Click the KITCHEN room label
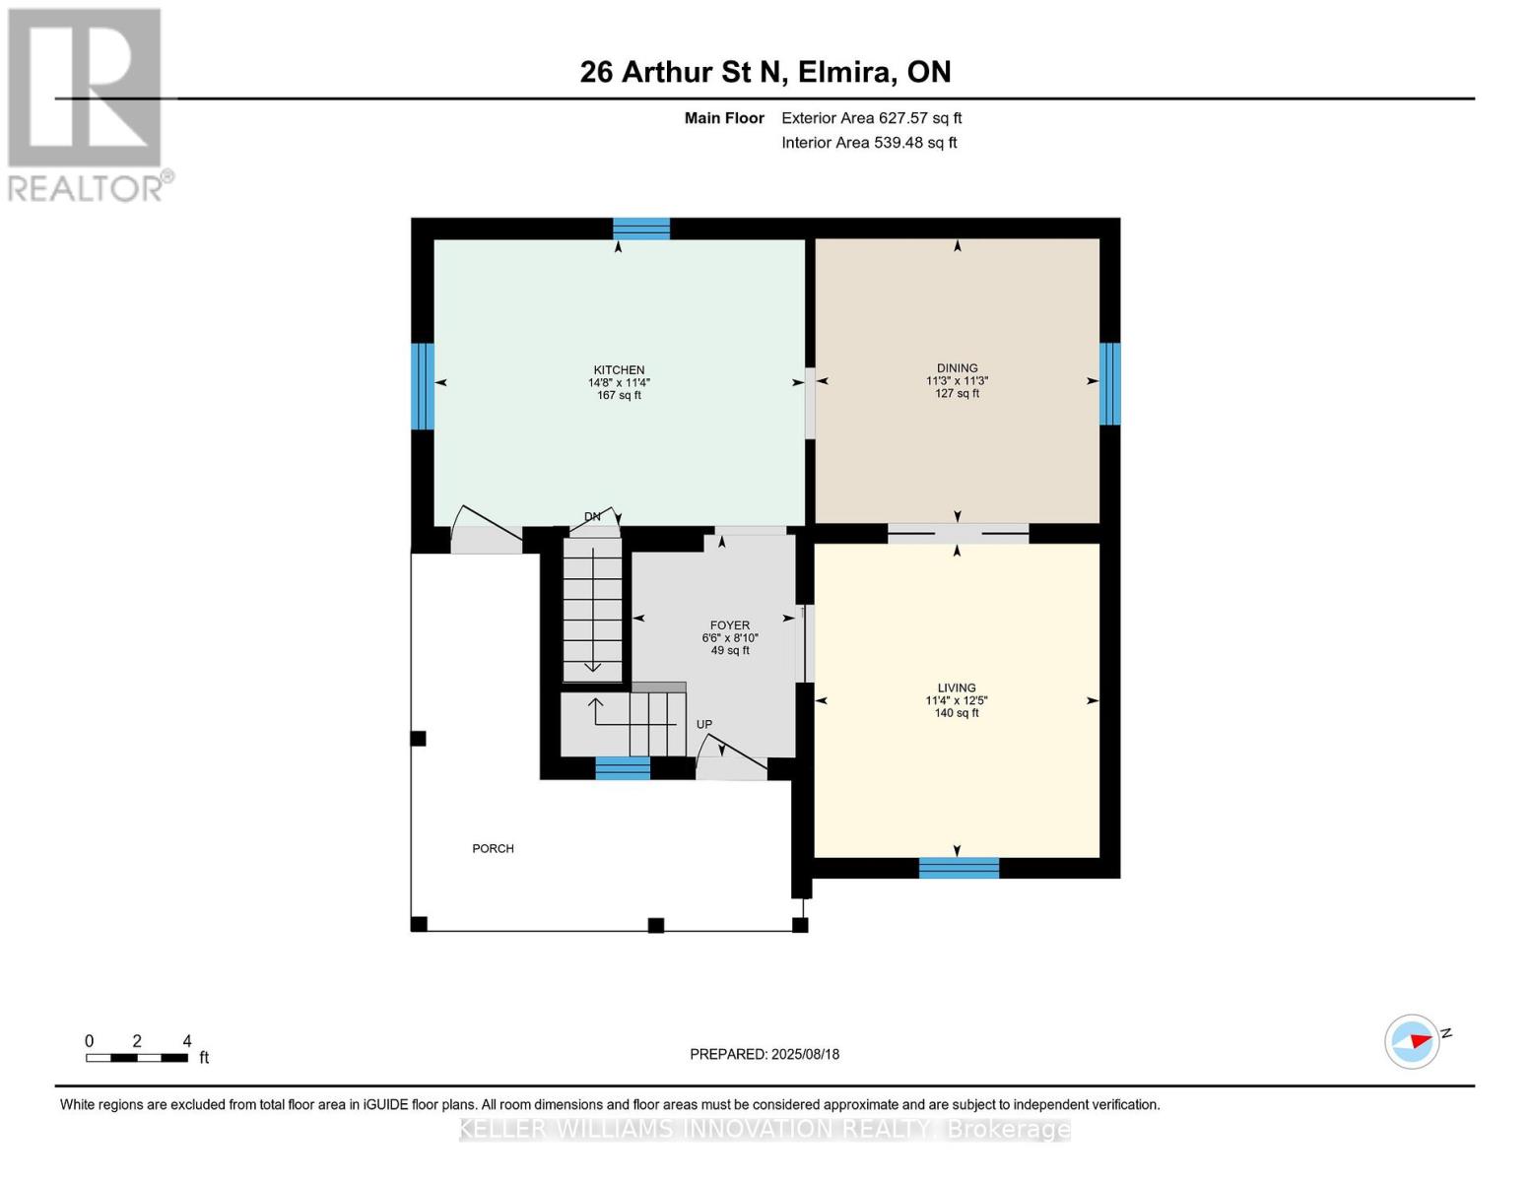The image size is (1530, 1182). (x=618, y=369)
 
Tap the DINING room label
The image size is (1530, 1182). (x=957, y=367)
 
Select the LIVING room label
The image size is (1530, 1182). (x=957, y=688)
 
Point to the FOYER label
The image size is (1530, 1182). (x=729, y=625)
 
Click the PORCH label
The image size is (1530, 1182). (x=493, y=848)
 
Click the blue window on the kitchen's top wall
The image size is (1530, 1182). (x=640, y=229)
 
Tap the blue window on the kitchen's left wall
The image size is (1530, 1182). (x=423, y=386)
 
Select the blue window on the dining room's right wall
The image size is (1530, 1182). (x=1109, y=384)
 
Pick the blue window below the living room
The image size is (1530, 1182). (x=959, y=868)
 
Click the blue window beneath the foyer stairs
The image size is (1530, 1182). (x=623, y=768)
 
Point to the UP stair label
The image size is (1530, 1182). (x=704, y=724)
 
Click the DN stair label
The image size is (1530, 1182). (x=592, y=517)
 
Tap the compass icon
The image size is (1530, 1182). (x=1412, y=1042)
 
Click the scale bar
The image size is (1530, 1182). (x=137, y=1057)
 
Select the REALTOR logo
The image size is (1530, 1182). (x=88, y=104)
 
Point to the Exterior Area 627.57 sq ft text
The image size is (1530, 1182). (x=872, y=118)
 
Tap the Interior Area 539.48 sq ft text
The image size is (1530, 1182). (x=869, y=142)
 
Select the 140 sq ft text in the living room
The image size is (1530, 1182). (x=957, y=713)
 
